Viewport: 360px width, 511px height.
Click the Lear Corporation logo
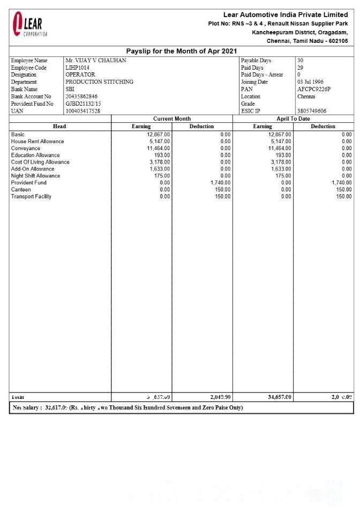coord(30,24)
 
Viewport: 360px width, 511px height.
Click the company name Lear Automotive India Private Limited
coord(286,14)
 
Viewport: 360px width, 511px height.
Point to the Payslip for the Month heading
coord(181,51)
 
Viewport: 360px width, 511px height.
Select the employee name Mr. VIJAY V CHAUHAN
coord(96,61)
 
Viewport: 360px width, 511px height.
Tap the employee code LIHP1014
coord(78,68)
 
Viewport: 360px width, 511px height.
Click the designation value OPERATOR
coord(80,75)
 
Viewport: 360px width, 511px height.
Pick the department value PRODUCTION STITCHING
coord(100,82)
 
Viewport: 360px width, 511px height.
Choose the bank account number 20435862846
coord(82,97)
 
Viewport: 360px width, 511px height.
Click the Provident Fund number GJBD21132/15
coord(83,103)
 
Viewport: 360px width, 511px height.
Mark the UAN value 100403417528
coord(83,111)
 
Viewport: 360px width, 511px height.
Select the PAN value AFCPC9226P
coord(314,89)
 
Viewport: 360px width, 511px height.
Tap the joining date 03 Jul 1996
coord(310,82)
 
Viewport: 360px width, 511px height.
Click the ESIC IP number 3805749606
coord(312,111)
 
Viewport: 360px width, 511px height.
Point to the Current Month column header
coord(172,119)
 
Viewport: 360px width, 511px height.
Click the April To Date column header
coord(293,119)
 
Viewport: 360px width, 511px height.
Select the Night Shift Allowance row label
coord(35,176)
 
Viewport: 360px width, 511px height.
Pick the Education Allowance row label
coord(35,155)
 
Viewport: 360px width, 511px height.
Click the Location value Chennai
coord(306,97)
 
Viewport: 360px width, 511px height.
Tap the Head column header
coord(59,127)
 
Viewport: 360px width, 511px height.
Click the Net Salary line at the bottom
coord(127,408)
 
